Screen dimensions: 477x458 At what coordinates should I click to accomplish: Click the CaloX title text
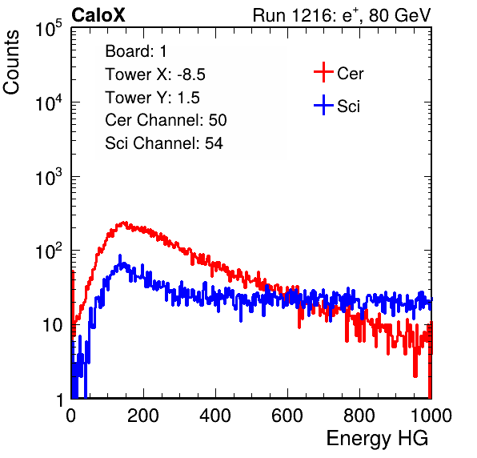[98, 15]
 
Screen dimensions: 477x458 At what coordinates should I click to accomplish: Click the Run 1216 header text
[342, 15]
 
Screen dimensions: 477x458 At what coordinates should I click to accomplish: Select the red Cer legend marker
[323, 72]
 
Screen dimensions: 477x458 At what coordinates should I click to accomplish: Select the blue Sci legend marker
[323, 105]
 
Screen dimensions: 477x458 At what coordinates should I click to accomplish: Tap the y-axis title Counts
[11, 62]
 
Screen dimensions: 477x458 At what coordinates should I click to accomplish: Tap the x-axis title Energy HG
[377, 439]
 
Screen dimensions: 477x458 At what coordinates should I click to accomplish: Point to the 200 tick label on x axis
[143, 416]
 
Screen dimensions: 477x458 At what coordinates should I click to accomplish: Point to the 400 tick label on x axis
[215, 416]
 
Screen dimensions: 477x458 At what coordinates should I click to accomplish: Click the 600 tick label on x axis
[287, 416]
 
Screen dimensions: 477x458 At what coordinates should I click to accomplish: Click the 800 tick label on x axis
[359, 416]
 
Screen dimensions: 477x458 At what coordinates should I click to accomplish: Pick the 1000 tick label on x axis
[431, 416]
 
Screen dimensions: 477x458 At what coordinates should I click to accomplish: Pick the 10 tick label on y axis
[52, 325]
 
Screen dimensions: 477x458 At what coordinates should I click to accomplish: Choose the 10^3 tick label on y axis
[49, 177]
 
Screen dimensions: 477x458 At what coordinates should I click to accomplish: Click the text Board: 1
[136, 51]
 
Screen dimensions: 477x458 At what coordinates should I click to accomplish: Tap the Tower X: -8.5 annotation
[155, 74]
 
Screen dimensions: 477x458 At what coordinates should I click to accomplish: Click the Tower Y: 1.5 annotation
[152, 98]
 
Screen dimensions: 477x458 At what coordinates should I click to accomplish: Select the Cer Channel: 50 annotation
[166, 120]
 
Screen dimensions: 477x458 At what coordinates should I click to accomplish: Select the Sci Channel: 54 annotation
[164, 143]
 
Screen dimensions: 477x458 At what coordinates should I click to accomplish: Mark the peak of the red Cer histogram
[124, 222]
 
